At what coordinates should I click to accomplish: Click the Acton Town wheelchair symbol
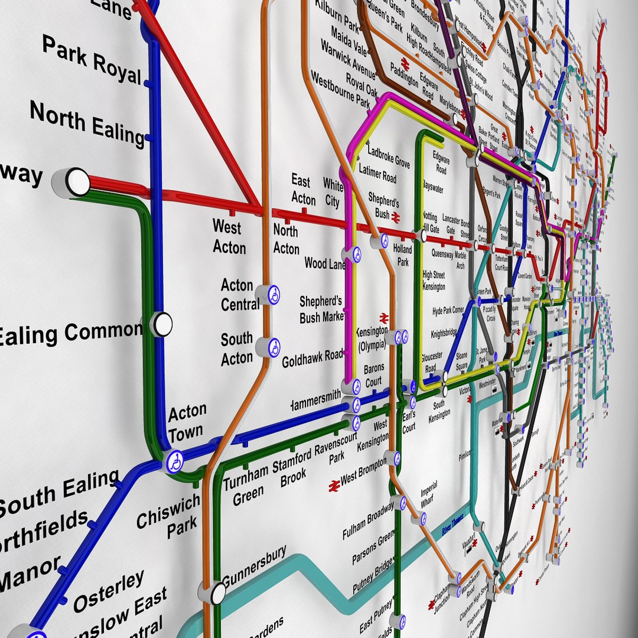coord(175,462)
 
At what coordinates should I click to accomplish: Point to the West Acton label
coord(229,236)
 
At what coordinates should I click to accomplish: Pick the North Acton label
coord(286,239)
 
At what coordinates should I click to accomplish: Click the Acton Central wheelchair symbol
coord(274,295)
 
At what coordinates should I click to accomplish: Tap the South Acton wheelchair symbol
coord(274,347)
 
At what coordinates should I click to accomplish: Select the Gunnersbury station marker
coord(218,593)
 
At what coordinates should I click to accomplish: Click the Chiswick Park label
coord(170,516)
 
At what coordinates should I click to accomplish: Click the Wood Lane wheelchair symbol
coord(356,255)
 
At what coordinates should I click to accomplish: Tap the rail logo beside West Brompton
coord(334,485)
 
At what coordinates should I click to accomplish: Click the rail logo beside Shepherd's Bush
coord(396,219)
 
